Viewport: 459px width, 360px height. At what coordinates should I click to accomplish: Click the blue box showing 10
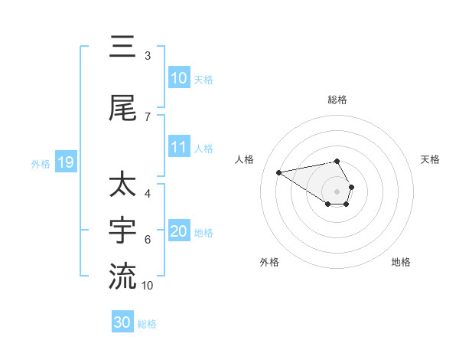coord(179,78)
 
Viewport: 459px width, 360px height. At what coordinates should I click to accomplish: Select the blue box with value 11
coord(179,147)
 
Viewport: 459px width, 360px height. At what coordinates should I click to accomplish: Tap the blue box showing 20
coord(179,231)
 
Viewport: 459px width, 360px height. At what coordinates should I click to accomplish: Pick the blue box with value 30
coord(122,322)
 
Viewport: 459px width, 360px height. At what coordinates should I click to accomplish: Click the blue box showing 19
coord(65,162)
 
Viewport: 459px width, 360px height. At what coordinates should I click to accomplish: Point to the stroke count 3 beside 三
coord(148,56)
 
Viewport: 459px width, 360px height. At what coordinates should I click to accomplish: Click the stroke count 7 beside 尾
coord(148,116)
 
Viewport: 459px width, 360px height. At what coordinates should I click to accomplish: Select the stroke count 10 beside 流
coord(148,286)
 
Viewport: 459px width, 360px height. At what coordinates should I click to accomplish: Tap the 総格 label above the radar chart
coord(337,100)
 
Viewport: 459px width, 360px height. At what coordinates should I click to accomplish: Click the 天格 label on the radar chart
coord(430,159)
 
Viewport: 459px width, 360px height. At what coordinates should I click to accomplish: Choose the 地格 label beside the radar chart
coord(401,262)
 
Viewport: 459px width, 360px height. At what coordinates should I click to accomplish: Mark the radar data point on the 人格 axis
coord(279,172)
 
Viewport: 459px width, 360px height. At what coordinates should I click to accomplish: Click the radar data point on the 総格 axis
coord(337,161)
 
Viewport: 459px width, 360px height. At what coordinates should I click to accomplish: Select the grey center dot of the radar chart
coord(337,191)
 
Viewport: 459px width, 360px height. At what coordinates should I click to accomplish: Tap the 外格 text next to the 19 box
coord(41,163)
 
